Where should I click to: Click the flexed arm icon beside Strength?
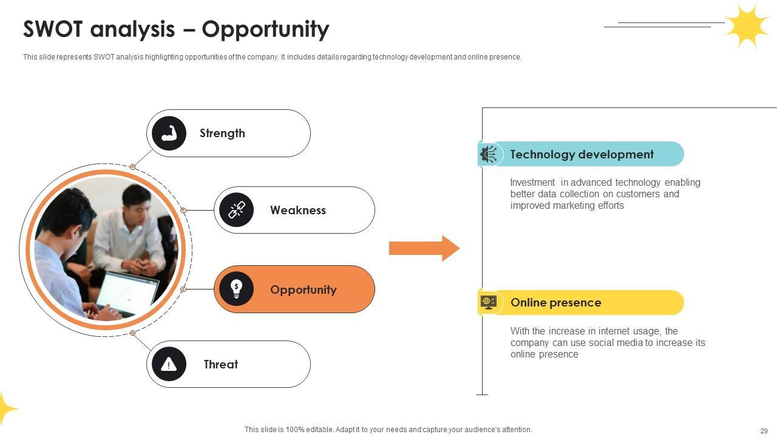[169, 134]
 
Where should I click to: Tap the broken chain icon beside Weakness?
[236, 210]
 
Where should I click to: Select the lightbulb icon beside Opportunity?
[236, 289]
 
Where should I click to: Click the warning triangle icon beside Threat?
[169, 364]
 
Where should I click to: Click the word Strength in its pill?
[222, 134]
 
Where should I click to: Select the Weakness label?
[297, 211]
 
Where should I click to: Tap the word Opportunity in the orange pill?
[303, 290]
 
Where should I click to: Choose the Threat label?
[220, 365]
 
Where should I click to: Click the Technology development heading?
[582, 155]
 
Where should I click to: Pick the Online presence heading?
[555, 303]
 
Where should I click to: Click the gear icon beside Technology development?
[488, 154]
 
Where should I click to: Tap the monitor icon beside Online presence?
[488, 302]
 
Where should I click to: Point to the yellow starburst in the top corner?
[747, 25]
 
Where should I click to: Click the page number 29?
[764, 431]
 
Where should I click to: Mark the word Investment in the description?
[532, 183]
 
